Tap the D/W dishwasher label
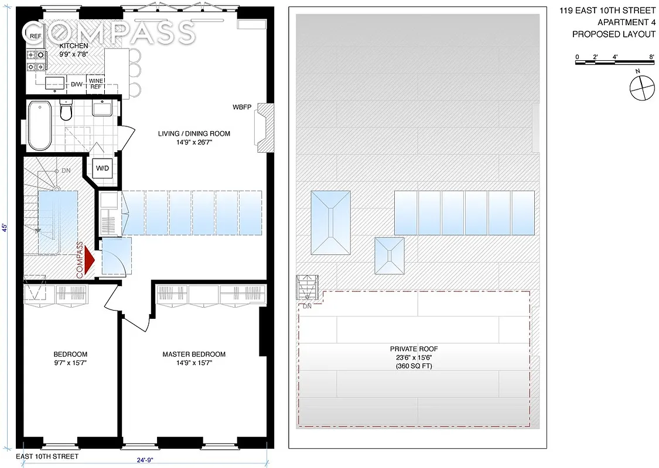tap(77, 84)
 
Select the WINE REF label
tap(95, 83)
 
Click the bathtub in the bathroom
tap(40, 125)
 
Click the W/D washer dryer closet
tap(103, 168)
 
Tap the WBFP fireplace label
tap(241, 108)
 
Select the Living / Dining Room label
tap(194, 134)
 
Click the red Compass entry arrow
tap(88, 260)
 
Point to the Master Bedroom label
tap(194, 354)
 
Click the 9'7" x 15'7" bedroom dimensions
tap(70, 363)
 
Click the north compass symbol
tap(640, 88)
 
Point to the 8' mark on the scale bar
tap(652, 57)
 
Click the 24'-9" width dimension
tap(144, 460)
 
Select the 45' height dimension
tap(5, 228)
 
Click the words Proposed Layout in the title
tap(613, 34)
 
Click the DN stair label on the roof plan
tap(307, 306)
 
